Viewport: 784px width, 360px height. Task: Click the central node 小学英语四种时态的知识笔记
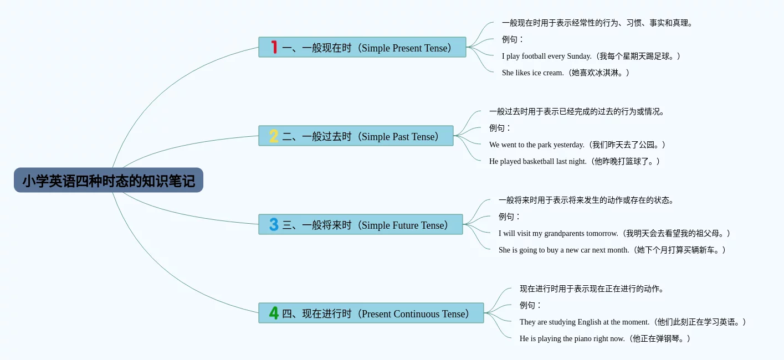pyautogui.click(x=109, y=180)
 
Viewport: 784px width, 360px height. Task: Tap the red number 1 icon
pyautogui.click(x=274, y=47)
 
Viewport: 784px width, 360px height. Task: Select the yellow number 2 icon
pyautogui.click(x=274, y=136)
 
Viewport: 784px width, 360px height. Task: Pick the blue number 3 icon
pyautogui.click(x=274, y=224)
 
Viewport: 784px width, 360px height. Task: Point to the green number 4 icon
pyautogui.click(x=274, y=313)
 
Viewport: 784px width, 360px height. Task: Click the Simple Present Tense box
pyautogui.click(x=362, y=47)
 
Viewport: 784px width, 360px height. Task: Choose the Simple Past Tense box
pyautogui.click(x=356, y=136)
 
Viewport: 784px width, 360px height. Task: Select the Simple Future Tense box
pyautogui.click(x=361, y=224)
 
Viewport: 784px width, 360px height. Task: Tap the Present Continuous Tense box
pyautogui.click(x=371, y=313)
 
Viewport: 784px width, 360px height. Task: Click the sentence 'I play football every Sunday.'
pyautogui.click(x=546, y=56)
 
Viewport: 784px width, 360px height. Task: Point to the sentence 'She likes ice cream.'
pyautogui.click(x=532, y=73)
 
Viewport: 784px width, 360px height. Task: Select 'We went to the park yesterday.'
pyautogui.click(x=536, y=145)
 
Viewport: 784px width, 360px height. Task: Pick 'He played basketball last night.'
pyautogui.click(x=537, y=161)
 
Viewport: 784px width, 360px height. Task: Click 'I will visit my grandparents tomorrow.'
pyautogui.click(x=558, y=233)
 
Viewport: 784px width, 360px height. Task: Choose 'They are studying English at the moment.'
pyautogui.click(x=585, y=322)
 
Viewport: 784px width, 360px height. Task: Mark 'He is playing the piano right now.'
pyautogui.click(x=572, y=338)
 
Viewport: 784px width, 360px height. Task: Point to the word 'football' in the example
pyautogui.click(x=534, y=56)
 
